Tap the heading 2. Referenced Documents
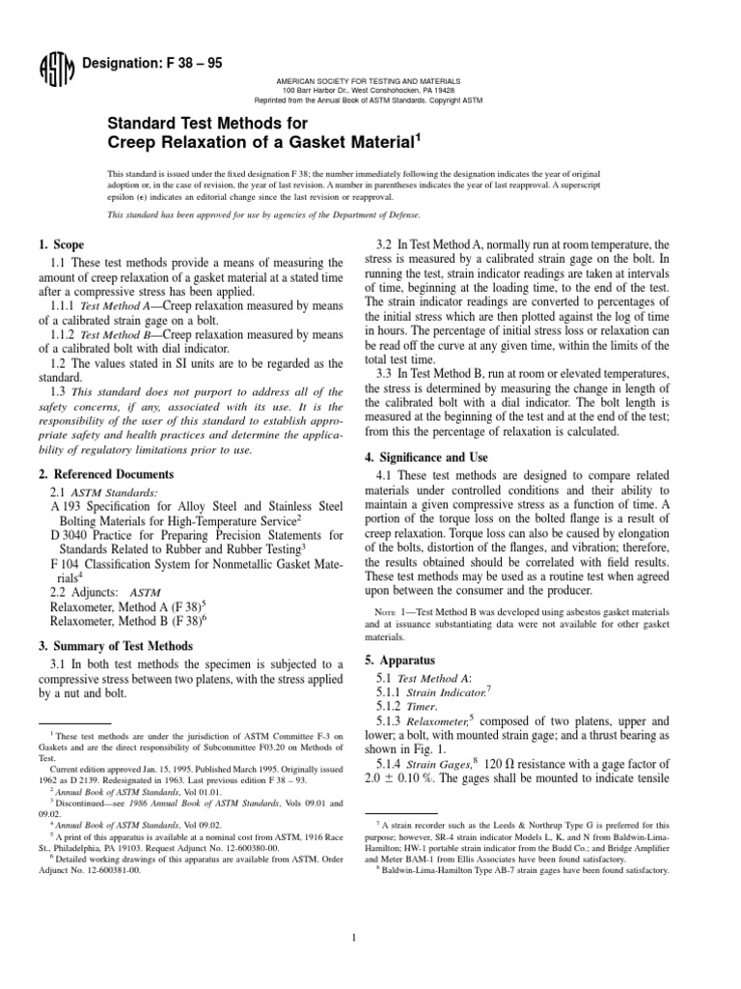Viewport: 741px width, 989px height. [105, 474]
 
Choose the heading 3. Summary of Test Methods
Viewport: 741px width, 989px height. [121, 645]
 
